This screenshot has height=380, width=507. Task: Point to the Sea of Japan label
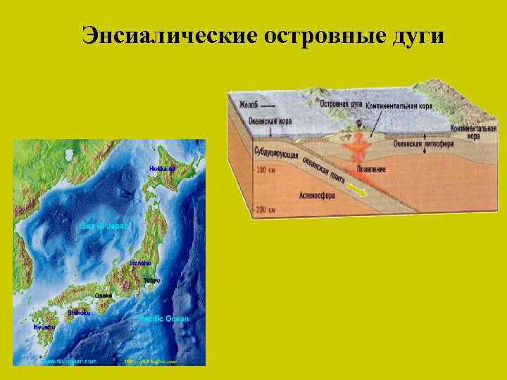coord(104,226)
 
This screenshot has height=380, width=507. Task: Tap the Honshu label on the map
coord(139,262)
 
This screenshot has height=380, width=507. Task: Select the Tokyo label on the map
coord(151,280)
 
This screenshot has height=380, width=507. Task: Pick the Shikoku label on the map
coord(79,312)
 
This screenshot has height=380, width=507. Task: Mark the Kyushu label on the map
coord(44,327)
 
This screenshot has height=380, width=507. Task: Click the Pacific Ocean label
coord(163,319)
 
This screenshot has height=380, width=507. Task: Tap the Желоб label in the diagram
coord(249,104)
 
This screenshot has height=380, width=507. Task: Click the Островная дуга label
coord(341,103)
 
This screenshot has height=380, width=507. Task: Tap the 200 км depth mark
coord(265,209)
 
